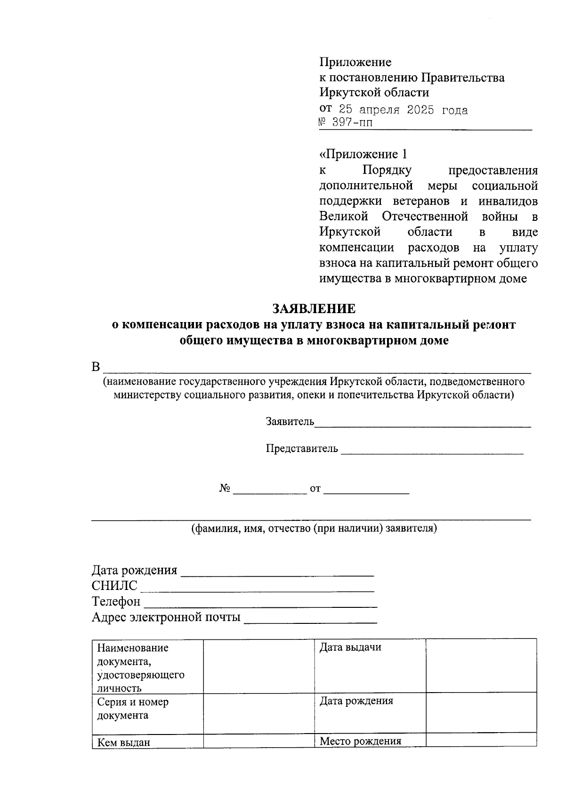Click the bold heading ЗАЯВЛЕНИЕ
pos(314,309)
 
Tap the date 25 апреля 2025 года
pos(404,110)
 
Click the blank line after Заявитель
pos(422,423)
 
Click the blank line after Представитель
pos(432,450)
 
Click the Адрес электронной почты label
pos(166,617)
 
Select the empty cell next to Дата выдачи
pos(481,665)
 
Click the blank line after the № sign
pos(270,490)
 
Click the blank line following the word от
pos(366,490)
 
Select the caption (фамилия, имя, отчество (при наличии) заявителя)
pos(314,528)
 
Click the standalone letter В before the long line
pos(96,367)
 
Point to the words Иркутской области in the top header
pos(374,92)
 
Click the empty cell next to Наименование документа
pos(258,665)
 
